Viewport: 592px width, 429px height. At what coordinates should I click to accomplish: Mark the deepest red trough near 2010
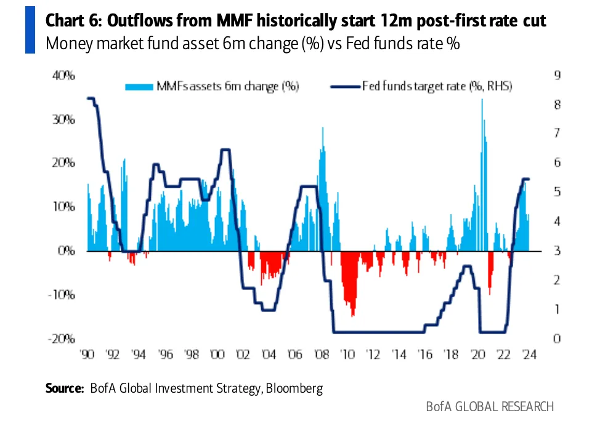(x=353, y=315)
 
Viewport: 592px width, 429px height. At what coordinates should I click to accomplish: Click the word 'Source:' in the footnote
(x=65, y=388)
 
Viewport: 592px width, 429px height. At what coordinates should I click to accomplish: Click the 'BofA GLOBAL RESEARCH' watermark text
(x=490, y=407)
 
